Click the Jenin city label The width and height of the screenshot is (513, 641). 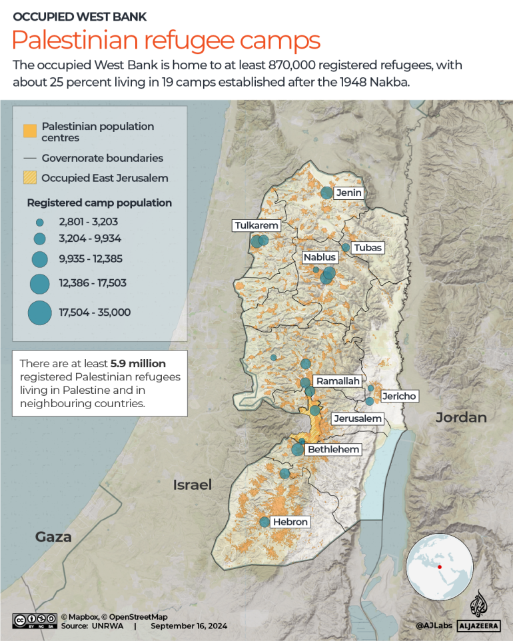348,193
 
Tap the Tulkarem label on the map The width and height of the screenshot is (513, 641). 256,226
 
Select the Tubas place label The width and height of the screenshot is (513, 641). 368,248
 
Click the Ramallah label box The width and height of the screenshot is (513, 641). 338,381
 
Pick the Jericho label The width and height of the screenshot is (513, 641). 398,396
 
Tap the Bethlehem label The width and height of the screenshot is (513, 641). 333,450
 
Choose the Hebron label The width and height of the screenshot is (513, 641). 290,522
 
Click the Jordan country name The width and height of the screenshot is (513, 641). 461,418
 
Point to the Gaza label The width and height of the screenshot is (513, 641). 53,537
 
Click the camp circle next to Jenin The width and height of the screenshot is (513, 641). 326,193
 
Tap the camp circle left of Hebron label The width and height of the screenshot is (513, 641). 264,522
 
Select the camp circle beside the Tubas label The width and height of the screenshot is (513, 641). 346,247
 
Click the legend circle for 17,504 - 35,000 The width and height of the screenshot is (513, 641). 39,313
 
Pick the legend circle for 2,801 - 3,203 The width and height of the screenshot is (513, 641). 39,222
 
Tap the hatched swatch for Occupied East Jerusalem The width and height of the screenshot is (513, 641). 29,178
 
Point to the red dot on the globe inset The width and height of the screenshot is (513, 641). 440,566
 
